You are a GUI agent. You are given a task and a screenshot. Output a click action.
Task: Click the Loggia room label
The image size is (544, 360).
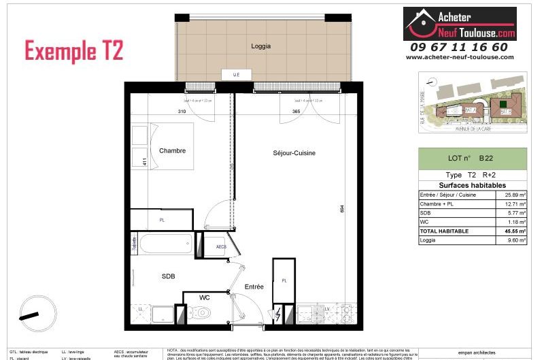(x=260, y=47)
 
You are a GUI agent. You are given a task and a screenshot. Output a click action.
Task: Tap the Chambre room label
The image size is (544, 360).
(x=172, y=150)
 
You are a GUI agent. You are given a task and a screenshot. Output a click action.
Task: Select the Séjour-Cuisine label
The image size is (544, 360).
(x=294, y=153)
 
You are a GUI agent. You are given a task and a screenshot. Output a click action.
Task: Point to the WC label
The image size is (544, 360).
(x=205, y=297)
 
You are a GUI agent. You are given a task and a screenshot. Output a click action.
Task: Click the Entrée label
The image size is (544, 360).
(x=254, y=287)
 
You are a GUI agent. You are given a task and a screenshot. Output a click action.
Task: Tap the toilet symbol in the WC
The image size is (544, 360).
(x=203, y=313)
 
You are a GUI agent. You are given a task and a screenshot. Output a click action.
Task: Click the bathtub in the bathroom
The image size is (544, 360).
(x=166, y=244)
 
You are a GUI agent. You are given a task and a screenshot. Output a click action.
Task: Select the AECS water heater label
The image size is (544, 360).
(x=221, y=246)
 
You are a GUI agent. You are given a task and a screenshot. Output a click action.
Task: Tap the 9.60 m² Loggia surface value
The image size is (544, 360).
(x=515, y=240)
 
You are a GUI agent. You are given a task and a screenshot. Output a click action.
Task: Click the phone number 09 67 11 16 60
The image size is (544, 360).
(x=458, y=47)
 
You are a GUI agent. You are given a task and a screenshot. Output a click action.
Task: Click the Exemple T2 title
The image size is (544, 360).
(x=74, y=51)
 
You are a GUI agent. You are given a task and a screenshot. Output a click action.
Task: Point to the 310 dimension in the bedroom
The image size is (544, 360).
(x=182, y=111)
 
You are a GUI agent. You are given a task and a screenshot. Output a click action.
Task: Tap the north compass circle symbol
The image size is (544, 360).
(x=33, y=314)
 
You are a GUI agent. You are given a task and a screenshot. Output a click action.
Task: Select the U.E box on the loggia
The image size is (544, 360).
(x=236, y=75)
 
